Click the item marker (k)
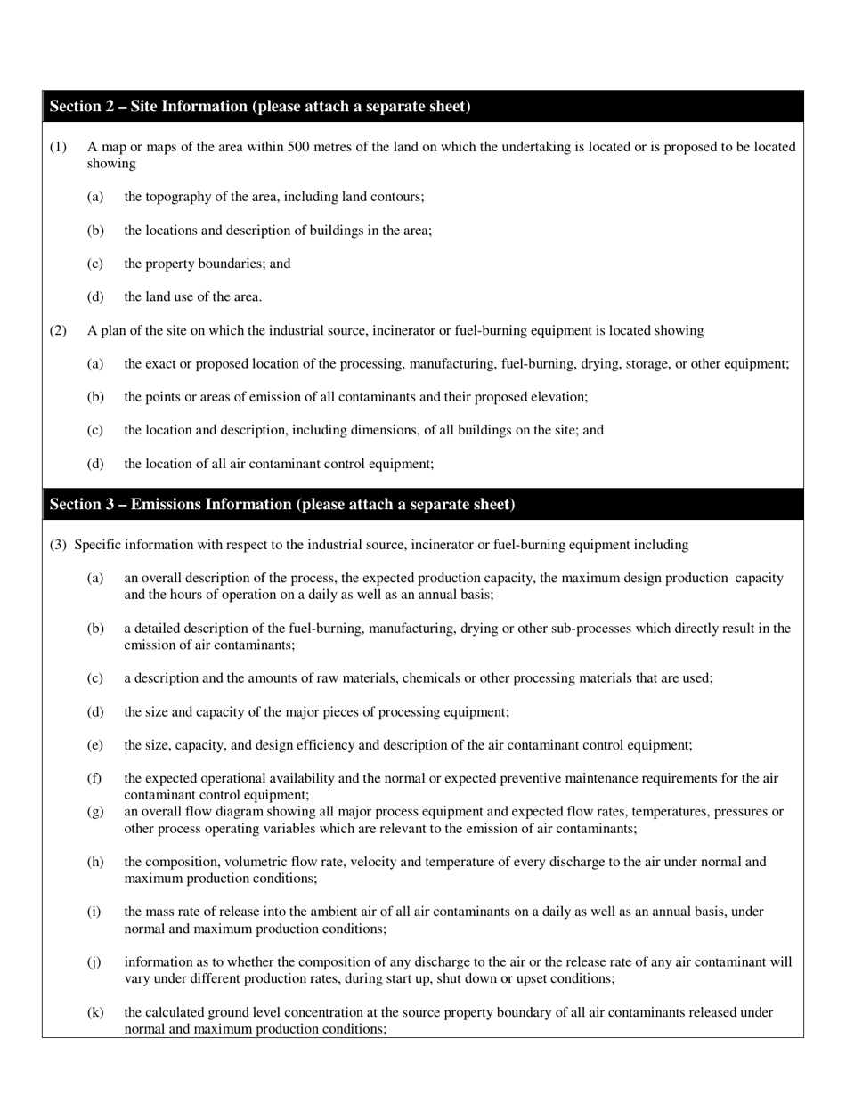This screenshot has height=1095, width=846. (x=95, y=1012)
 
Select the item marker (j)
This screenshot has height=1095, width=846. (x=94, y=962)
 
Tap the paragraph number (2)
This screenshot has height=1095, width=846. (x=58, y=331)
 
